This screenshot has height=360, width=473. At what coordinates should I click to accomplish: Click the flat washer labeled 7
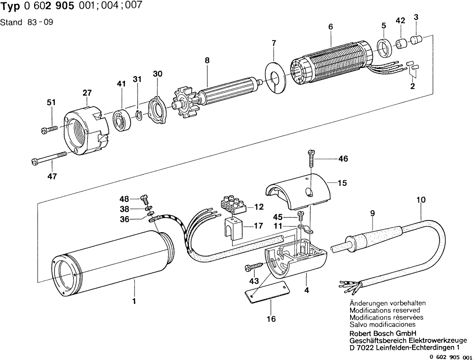tap(274, 74)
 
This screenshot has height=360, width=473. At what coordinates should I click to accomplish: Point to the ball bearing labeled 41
tap(120, 120)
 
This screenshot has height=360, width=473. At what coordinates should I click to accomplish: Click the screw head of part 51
tap(44, 130)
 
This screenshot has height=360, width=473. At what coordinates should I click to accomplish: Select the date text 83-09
tap(43, 22)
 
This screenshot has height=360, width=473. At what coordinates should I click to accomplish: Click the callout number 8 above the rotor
tap(207, 60)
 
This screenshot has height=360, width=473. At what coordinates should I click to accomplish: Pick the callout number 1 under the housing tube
tap(134, 301)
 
